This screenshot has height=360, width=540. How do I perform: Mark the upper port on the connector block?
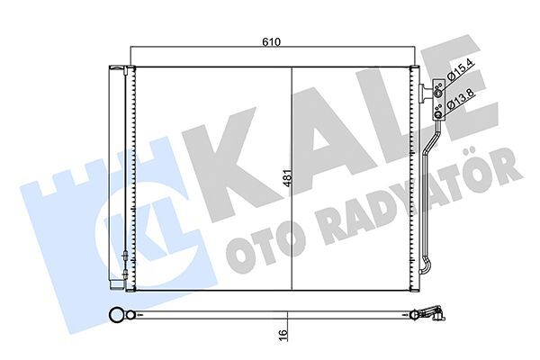point(438,90)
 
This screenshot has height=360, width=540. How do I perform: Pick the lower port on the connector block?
point(438,110)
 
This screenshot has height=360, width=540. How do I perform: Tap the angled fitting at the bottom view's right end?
point(434,314)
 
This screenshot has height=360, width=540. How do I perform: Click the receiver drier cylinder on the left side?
point(114,171)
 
